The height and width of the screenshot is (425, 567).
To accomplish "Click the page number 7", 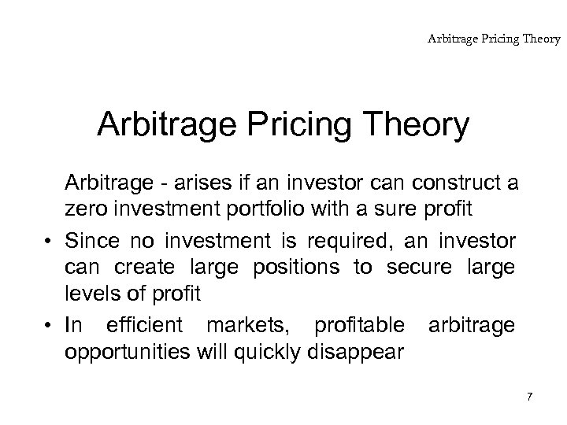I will [x=529, y=396].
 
